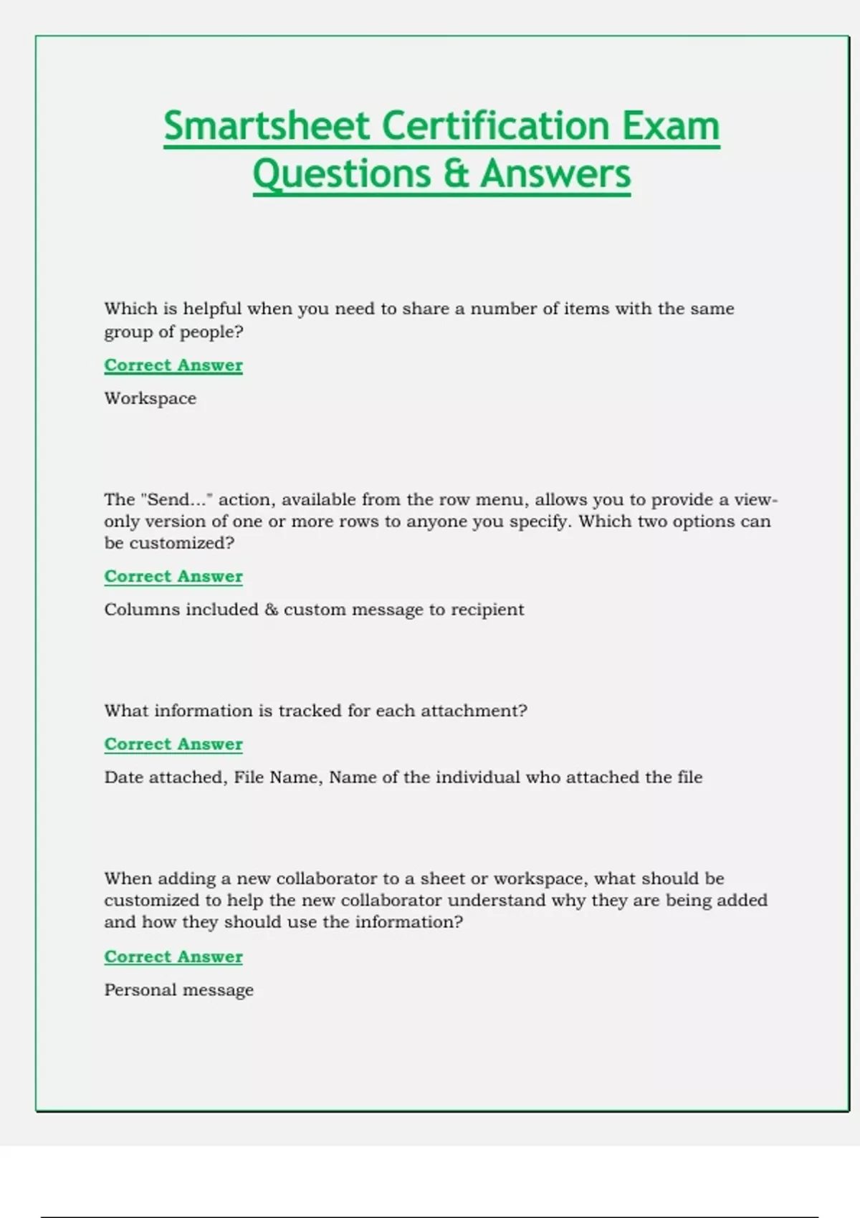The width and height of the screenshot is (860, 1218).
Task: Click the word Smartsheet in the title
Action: (266, 126)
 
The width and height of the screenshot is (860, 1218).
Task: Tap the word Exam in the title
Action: (670, 126)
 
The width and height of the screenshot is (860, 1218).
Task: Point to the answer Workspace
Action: (150, 398)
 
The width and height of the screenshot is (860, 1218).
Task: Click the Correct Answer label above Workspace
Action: (173, 365)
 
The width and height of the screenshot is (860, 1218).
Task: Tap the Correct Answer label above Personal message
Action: (173, 957)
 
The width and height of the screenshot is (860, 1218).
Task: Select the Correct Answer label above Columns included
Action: (173, 577)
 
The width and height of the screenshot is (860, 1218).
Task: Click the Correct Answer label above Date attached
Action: (173, 744)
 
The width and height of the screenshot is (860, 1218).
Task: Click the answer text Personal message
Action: (178, 990)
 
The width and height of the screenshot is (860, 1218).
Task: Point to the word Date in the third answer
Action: (123, 777)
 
